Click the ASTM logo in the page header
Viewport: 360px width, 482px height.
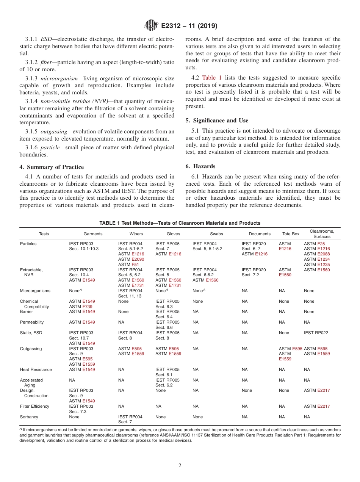click(151, 26)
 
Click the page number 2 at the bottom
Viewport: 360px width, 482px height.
click(180, 466)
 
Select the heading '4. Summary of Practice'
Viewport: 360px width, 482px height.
click(52, 167)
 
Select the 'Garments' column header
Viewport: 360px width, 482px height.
click(93, 234)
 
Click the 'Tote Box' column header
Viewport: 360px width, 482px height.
click(291, 234)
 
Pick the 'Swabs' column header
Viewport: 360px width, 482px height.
click(217, 234)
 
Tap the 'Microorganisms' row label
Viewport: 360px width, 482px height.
click(35, 291)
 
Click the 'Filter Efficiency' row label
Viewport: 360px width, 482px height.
click(34, 406)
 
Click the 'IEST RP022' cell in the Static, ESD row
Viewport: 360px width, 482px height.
click(316, 333)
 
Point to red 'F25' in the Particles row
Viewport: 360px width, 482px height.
click(321, 244)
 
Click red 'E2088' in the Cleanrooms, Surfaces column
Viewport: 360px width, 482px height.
click(323, 254)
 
